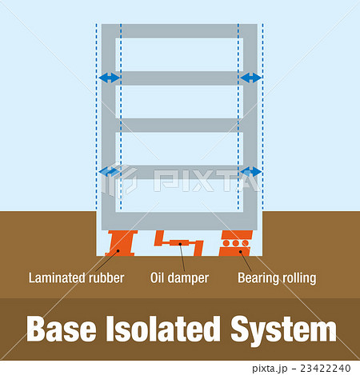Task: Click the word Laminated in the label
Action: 57,277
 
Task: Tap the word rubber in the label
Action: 106,277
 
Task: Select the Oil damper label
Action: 179,278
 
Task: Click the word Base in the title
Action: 62,329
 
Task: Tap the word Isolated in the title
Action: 163,329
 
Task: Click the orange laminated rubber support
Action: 122,243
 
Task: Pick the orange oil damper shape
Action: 179,243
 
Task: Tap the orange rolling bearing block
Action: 236,243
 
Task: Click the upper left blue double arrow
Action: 110,78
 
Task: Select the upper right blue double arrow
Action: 250,78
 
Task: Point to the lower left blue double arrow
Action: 110,172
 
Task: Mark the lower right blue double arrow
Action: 250,172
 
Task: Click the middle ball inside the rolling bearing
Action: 235,243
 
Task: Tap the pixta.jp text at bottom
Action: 270,369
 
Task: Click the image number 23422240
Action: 326,369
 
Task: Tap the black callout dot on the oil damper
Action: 180,244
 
